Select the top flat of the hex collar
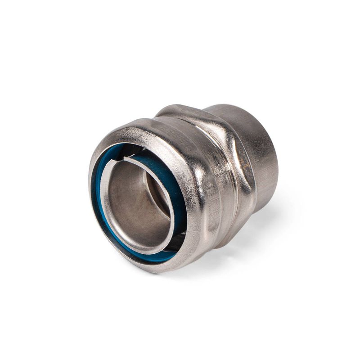[x=180, y=110]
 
